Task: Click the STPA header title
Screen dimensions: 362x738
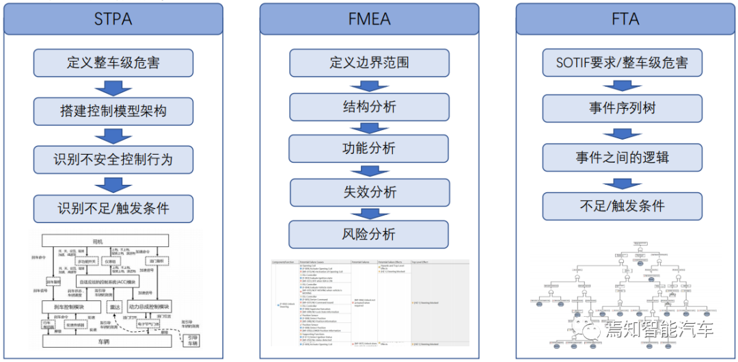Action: pos(113,18)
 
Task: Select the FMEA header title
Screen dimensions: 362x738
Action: pos(370,18)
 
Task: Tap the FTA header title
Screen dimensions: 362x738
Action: pos(625,18)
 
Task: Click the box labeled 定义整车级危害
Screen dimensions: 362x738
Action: pos(113,63)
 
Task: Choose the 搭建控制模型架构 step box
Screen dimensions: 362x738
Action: pos(113,111)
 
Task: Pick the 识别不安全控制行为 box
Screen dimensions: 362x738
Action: pos(113,159)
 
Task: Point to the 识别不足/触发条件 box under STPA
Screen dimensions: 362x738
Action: pos(113,207)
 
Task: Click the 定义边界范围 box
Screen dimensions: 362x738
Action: pos(369,63)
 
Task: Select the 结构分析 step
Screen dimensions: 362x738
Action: pos(369,107)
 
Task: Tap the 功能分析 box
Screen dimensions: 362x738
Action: pos(369,148)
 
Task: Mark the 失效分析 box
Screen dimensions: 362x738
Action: pos(369,192)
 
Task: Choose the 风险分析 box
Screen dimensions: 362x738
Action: pos(369,234)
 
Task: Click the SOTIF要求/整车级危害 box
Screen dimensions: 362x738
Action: pos(623,63)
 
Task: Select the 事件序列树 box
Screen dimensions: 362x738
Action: pos(623,108)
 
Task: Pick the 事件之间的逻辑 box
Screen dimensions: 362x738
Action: pos(623,157)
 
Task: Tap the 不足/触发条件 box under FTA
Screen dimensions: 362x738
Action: pos(623,205)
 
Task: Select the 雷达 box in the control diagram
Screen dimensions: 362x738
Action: pos(115,307)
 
